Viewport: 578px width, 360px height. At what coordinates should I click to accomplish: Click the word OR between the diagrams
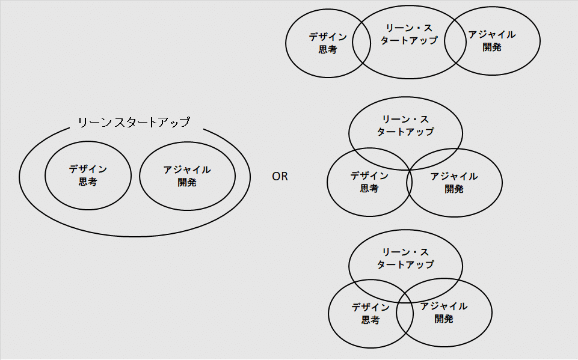[x=280, y=177]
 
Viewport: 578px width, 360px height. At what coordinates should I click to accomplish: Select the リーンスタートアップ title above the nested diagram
[x=134, y=122]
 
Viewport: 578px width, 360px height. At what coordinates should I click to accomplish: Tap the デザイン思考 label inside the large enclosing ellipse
[x=88, y=175]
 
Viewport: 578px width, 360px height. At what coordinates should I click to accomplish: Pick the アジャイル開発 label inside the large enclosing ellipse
[x=187, y=175]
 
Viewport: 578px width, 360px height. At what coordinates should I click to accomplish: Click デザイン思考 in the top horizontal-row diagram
[x=327, y=43]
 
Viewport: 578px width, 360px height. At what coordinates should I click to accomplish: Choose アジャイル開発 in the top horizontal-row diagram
[x=492, y=41]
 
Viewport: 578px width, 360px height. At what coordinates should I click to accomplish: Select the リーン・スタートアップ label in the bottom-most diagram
[x=405, y=258]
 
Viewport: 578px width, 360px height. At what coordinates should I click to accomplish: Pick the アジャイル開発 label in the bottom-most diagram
[x=444, y=313]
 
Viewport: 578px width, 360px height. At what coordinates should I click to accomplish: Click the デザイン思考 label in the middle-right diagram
[x=369, y=182]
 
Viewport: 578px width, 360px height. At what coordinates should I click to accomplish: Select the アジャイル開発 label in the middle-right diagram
[x=454, y=182]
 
